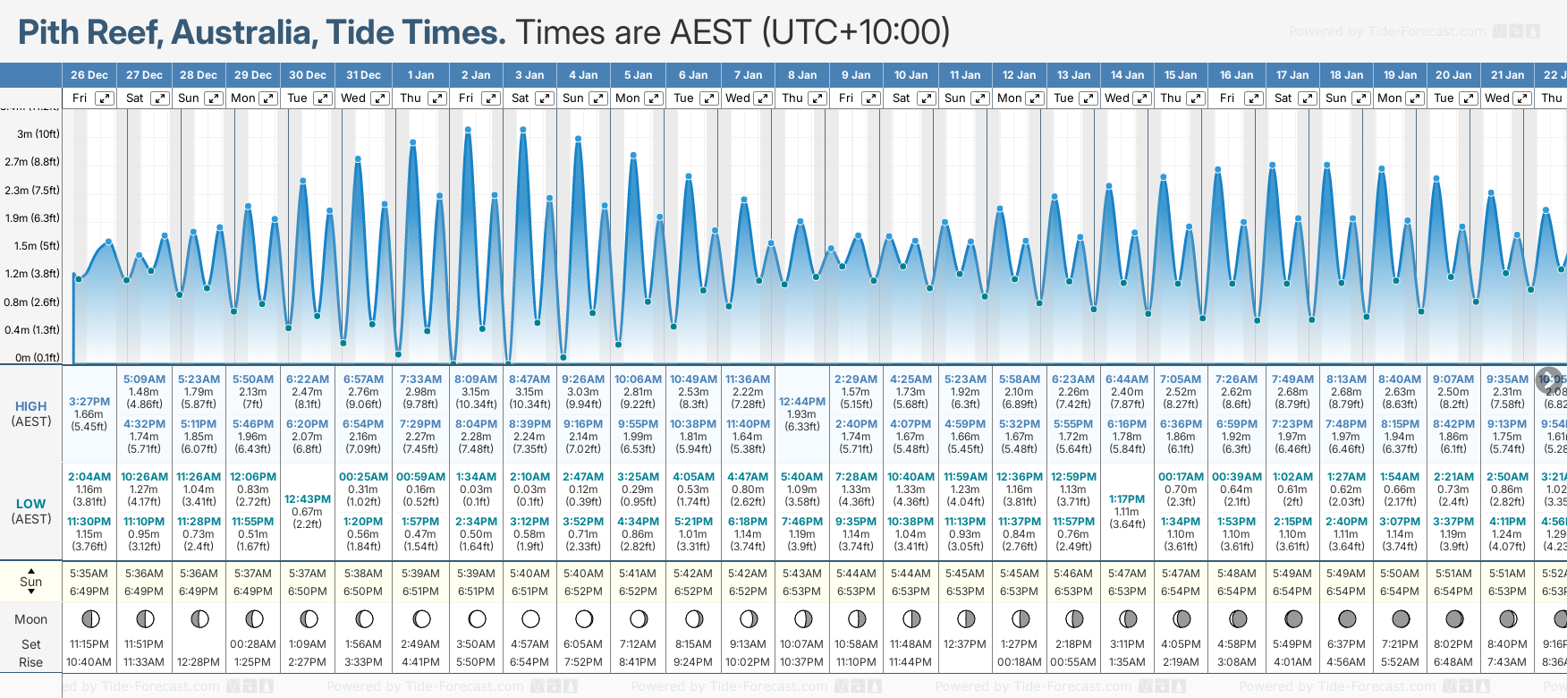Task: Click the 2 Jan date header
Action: click(476, 75)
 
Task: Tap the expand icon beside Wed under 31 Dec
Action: click(379, 98)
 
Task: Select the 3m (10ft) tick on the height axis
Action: click(38, 134)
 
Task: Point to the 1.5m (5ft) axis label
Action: click(38, 246)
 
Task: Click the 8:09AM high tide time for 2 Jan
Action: click(476, 379)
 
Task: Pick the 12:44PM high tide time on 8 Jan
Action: click(801, 402)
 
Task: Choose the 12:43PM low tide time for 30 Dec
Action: click(308, 499)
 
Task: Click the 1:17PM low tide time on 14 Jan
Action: click(1127, 499)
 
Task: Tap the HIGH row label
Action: click(31, 406)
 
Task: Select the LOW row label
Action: click(31, 504)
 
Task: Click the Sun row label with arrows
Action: click(31, 582)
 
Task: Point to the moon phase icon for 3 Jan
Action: click(530, 618)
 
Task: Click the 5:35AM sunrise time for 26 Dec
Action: click(89, 574)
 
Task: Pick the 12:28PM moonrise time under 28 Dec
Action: click(199, 662)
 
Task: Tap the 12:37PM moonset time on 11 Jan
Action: click(965, 644)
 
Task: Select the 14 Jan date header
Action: click(1127, 75)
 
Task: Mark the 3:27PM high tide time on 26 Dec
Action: click(89, 402)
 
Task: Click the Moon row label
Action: click(31, 619)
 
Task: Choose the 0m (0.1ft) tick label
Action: click(38, 358)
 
